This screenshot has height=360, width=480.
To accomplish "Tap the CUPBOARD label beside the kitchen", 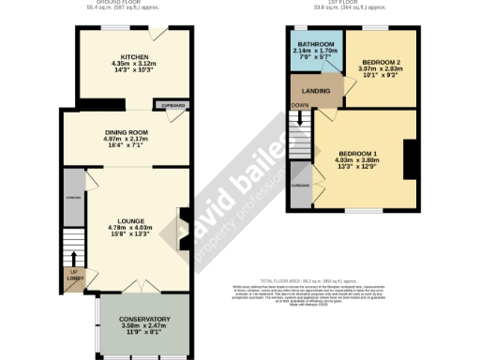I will [x=174, y=105].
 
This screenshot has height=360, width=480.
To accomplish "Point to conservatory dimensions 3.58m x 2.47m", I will [x=143, y=325].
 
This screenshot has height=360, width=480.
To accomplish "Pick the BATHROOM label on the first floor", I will [x=314, y=44].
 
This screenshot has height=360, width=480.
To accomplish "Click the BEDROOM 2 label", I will [x=380, y=63].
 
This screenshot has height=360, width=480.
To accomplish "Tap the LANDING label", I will [x=314, y=91].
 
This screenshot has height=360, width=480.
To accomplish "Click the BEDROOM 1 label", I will [x=357, y=153].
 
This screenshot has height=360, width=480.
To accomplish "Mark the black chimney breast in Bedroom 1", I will [x=410, y=158].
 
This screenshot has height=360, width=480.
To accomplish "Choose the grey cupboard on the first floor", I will [x=300, y=185].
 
